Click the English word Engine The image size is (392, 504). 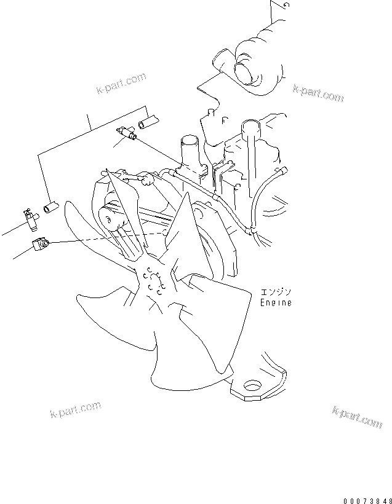[275, 303]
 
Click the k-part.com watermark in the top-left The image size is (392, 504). [121, 84]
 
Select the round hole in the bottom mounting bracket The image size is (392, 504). [252, 386]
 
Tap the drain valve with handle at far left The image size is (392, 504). [30, 218]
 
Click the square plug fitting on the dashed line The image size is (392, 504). [39, 245]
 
